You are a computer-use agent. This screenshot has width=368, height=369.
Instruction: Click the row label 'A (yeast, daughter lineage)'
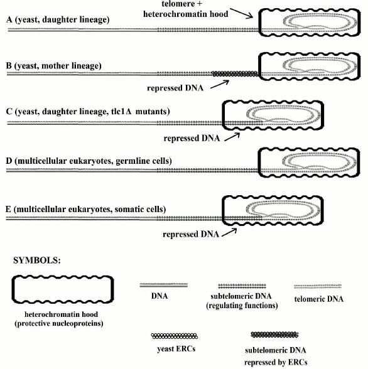(x=57, y=19)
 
